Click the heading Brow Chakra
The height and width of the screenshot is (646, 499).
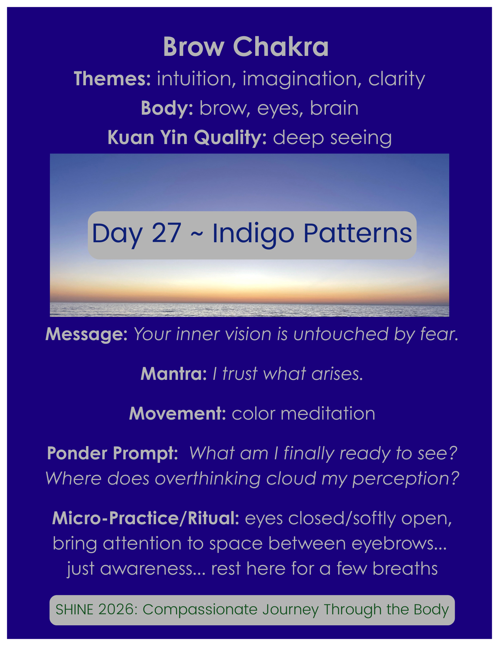click(246, 47)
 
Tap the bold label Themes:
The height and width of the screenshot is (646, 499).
click(112, 79)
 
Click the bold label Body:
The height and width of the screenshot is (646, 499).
click(167, 108)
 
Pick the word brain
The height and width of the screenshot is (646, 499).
click(334, 108)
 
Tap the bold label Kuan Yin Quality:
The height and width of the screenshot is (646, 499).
click(187, 138)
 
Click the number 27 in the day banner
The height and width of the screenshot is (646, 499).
click(166, 233)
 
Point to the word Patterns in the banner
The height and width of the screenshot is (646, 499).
click(358, 233)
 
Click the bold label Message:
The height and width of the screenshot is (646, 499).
click(87, 334)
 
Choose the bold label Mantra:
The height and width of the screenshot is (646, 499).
click(174, 374)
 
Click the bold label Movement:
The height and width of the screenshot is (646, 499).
click(178, 414)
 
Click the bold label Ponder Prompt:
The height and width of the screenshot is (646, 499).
click(112, 453)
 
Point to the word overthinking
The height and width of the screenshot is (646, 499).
click(208, 478)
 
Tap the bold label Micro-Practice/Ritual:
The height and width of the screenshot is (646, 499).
click(146, 518)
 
